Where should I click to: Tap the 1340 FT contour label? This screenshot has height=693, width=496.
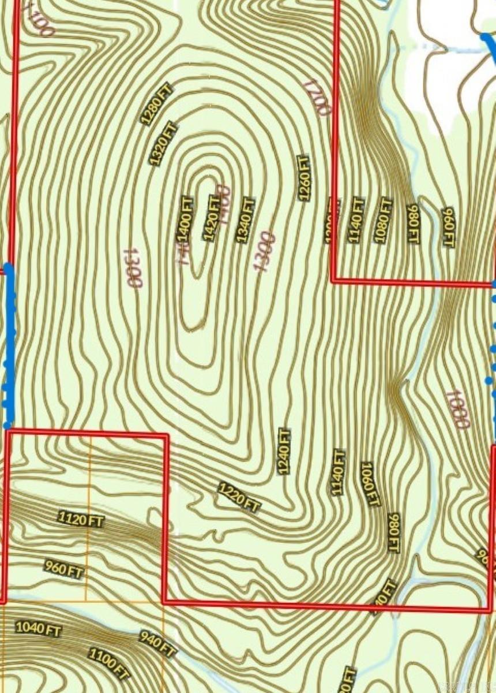coord(245,219)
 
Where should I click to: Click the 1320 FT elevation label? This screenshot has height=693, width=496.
coord(163,143)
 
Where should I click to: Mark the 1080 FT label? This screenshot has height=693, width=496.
coord(383,220)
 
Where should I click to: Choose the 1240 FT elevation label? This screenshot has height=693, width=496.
coord(284,451)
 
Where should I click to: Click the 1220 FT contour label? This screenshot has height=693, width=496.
coord(239,497)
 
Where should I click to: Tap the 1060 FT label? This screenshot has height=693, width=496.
coord(370,484)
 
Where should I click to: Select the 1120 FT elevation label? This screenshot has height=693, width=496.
coord(81,519)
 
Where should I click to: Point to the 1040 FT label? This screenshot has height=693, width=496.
coord(38,628)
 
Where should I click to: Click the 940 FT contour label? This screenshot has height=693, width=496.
coord(157,644)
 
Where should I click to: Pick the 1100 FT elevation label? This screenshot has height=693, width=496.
coord(108,664)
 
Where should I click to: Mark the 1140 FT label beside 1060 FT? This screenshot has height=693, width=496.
coord(338,472)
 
